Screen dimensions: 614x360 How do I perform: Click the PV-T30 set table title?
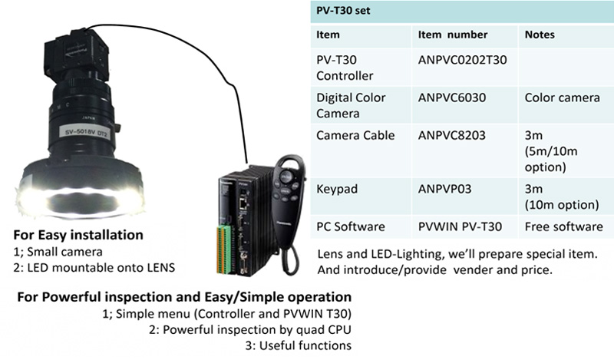point(343,11)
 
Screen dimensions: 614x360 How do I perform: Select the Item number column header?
point(453,35)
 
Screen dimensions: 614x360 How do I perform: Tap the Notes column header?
point(540,35)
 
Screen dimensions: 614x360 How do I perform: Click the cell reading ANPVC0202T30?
point(463,60)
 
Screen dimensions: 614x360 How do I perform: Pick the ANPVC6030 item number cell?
point(452,97)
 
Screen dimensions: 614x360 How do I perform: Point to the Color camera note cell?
point(563,97)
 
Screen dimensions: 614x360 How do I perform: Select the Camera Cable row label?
point(355,135)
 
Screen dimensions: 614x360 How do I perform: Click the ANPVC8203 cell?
point(452,135)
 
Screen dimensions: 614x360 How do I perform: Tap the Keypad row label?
point(337,189)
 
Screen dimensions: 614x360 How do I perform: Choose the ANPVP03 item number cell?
point(445,189)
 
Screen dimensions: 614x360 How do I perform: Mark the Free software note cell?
point(564,226)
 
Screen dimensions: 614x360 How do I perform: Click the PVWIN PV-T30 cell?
point(460,226)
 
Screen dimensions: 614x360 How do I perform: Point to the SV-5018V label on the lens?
point(86,131)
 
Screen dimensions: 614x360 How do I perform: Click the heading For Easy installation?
point(78,235)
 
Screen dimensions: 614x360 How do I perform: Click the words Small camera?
point(64,252)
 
